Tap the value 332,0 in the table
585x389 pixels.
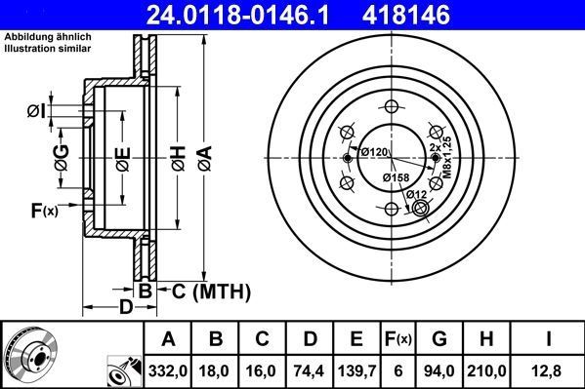[x=168, y=370]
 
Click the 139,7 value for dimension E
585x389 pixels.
[x=355, y=370]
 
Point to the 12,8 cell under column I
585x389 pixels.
[x=550, y=370]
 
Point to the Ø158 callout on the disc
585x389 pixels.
[x=395, y=177]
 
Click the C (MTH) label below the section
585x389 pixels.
[x=211, y=291]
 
